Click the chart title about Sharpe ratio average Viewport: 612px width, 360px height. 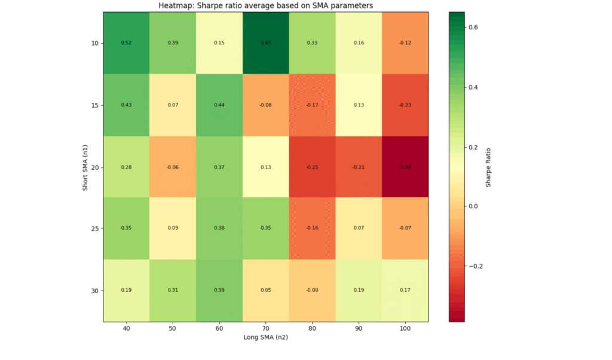tap(265, 6)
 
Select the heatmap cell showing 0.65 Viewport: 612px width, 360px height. tap(265, 43)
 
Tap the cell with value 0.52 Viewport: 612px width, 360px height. tap(126, 43)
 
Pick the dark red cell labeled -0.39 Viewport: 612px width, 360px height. tap(405, 167)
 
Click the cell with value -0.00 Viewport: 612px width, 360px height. tap(312, 291)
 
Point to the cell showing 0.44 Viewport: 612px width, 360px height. tap(219, 105)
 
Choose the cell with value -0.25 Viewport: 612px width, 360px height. tap(312, 167)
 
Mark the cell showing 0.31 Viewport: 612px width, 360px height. tap(173, 291)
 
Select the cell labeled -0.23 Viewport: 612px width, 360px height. tap(405, 105)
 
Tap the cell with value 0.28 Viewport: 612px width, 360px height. tap(126, 167)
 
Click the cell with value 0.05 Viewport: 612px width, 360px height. tap(265, 291)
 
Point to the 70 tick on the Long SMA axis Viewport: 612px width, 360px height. tap(265, 328)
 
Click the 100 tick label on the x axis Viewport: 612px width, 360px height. tap(405, 328)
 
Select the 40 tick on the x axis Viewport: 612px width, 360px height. tap(126, 328)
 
